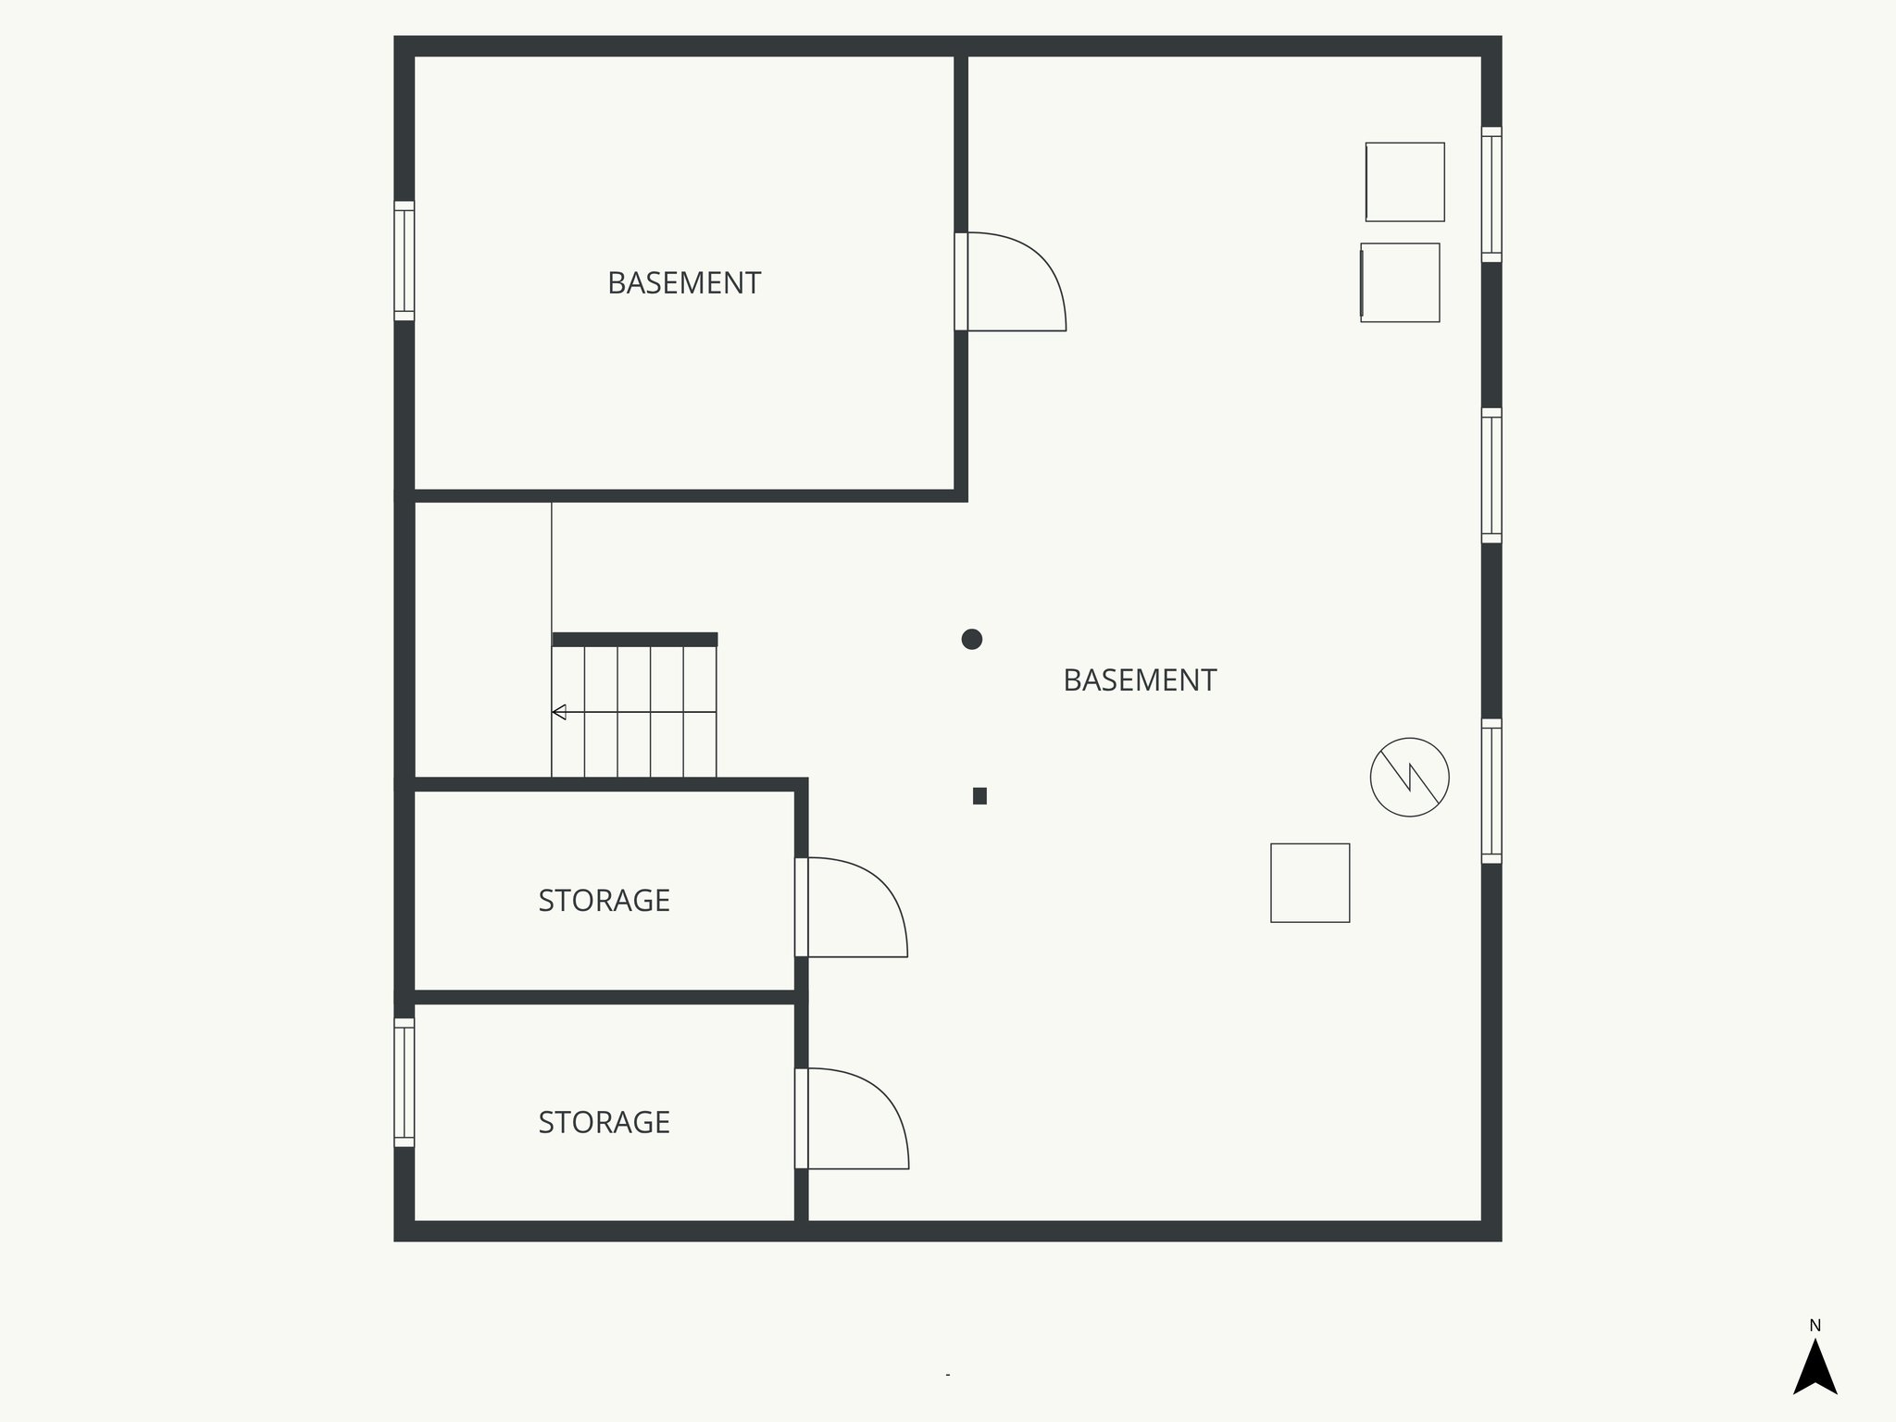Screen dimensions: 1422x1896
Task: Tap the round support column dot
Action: (x=971, y=639)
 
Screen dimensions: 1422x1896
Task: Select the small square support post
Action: (x=979, y=795)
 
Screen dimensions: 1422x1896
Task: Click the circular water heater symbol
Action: (x=1409, y=777)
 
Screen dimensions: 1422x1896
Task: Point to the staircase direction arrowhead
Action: (x=559, y=712)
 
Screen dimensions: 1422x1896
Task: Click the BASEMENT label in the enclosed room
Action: (x=684, y=283)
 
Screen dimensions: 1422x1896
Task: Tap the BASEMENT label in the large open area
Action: (x=1140, y=680)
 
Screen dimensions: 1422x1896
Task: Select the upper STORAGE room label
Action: (x=604, y=901)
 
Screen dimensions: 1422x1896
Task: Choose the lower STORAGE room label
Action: (x=604, y=1122)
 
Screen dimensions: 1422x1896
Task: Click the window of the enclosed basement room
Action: (x=404, y=260)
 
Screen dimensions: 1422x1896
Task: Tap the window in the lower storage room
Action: (x=404, y=1082)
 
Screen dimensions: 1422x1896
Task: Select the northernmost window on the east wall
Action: (x=1491, y=193)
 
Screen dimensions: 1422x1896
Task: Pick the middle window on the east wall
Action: (x=1491, y=475)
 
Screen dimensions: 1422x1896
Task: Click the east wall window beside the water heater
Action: (x=1491, y=791)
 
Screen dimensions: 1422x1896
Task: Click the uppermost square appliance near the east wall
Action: (x=1404, y=181)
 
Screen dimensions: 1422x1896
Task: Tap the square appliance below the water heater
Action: (x=1310, y=882)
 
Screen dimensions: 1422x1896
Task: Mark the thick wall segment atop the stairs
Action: (x=634, y=640)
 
